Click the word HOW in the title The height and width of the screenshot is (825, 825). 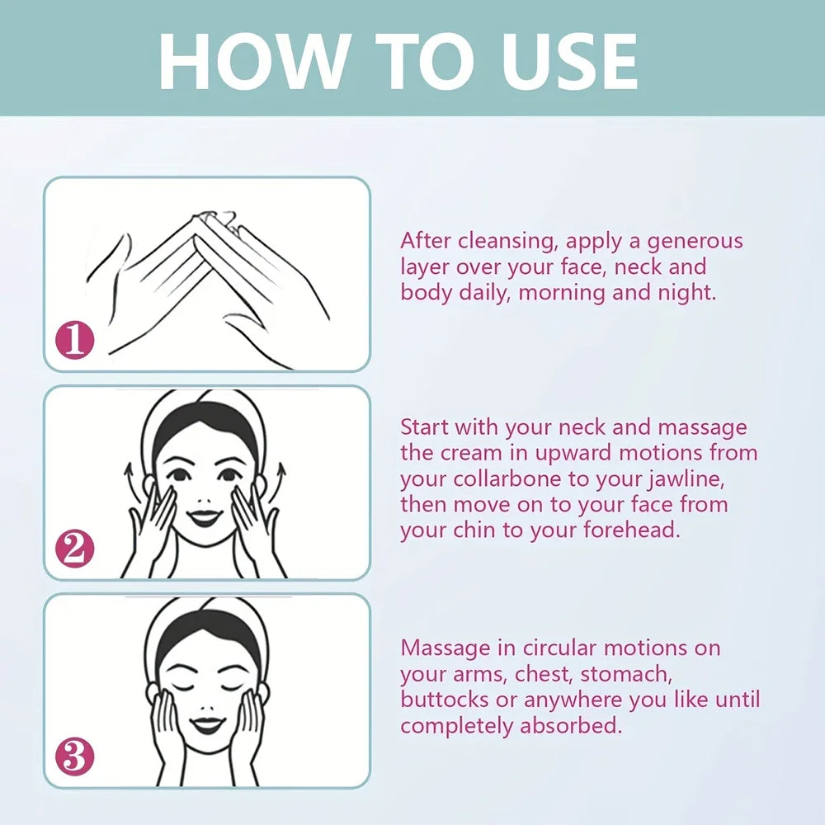tap(252, 62)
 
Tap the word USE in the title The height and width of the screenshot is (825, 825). tap(569, 62)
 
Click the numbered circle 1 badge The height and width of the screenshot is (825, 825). tap(75, 340)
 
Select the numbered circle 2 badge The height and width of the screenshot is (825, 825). tap(75, 549)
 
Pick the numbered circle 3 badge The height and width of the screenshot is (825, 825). tap(75, 757)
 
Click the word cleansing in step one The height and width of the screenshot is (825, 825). tap(507, 242)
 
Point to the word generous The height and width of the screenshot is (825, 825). tap(695, 243)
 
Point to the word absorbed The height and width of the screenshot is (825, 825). tap(571, 725)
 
